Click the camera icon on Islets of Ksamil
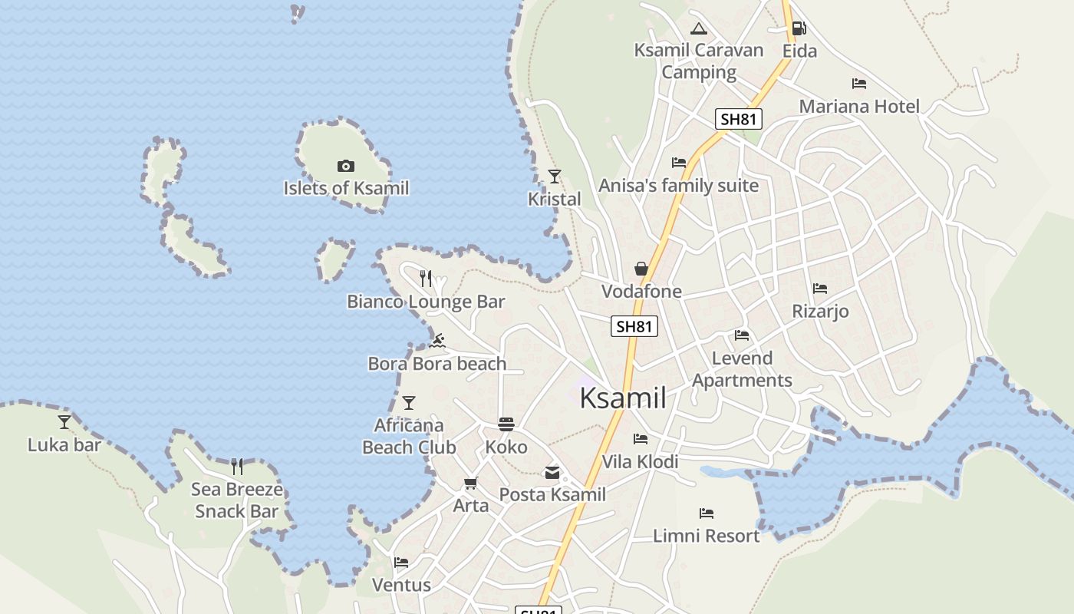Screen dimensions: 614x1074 click(345, 166)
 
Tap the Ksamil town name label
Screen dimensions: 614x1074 click(622, 398)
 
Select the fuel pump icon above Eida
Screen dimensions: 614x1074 click(799, 28)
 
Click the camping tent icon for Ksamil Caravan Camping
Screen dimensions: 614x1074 click(698, 29)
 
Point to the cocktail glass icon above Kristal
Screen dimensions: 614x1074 click(554, 177)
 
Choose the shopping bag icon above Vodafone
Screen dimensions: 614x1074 click(641, 269)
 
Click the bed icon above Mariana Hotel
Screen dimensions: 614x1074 click(859, 84)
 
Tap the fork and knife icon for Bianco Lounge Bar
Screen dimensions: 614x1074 click(426, 278)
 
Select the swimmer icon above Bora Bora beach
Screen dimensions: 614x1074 click(437, 341)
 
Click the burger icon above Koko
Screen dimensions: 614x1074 click(506, 424)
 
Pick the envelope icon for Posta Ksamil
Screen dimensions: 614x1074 click(552, 473)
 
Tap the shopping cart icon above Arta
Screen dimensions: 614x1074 click(470, 484)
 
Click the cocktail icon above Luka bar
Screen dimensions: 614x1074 click(64, 422)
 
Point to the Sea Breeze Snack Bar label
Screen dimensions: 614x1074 click(236, 500)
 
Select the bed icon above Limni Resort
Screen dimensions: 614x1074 click(706, 513)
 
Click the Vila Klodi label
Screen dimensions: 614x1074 click(640, 461)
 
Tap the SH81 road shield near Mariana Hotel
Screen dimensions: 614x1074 click(739, 119)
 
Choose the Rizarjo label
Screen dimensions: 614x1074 click(820, 311)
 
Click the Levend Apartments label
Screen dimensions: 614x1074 click(742, 369)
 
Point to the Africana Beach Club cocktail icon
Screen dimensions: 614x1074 click(409, 402)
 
